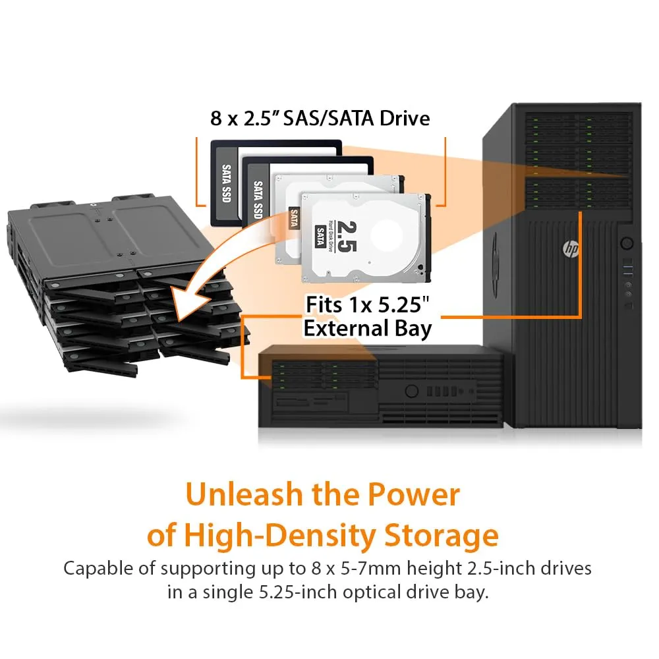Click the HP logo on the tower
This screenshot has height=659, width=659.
[x=570, y=249]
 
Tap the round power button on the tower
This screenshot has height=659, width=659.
[x=627, y=243]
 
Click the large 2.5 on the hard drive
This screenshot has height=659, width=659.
[x=347, y=236]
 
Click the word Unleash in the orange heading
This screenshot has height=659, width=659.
[x=244, y=494]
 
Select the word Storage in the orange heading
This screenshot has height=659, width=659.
[x=442, y=535]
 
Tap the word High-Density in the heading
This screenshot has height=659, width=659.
[x=280, y=535]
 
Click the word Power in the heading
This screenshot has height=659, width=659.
[x=414, y=494]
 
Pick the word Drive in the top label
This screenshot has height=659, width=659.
[x=405, y=118]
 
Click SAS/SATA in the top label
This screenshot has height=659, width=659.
[x=328, y=118]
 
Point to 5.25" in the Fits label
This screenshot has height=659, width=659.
[x=403, y=304]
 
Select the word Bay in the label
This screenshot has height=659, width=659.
[x=413, y=329]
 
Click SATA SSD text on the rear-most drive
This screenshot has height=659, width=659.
[x=227, y=183]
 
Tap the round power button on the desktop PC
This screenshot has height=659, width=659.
[x=411, y=391]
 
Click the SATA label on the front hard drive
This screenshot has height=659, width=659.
[x=321, y=236]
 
